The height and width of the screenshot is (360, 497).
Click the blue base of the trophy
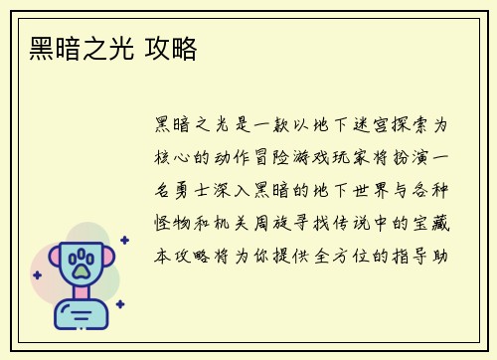coord(82,315)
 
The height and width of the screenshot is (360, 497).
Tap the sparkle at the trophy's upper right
coord(124,240)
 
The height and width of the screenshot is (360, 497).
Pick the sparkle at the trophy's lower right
coord(120,303)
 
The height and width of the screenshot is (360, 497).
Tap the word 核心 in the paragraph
coord(168,159)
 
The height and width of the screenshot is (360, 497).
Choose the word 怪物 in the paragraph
coord(168,224)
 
